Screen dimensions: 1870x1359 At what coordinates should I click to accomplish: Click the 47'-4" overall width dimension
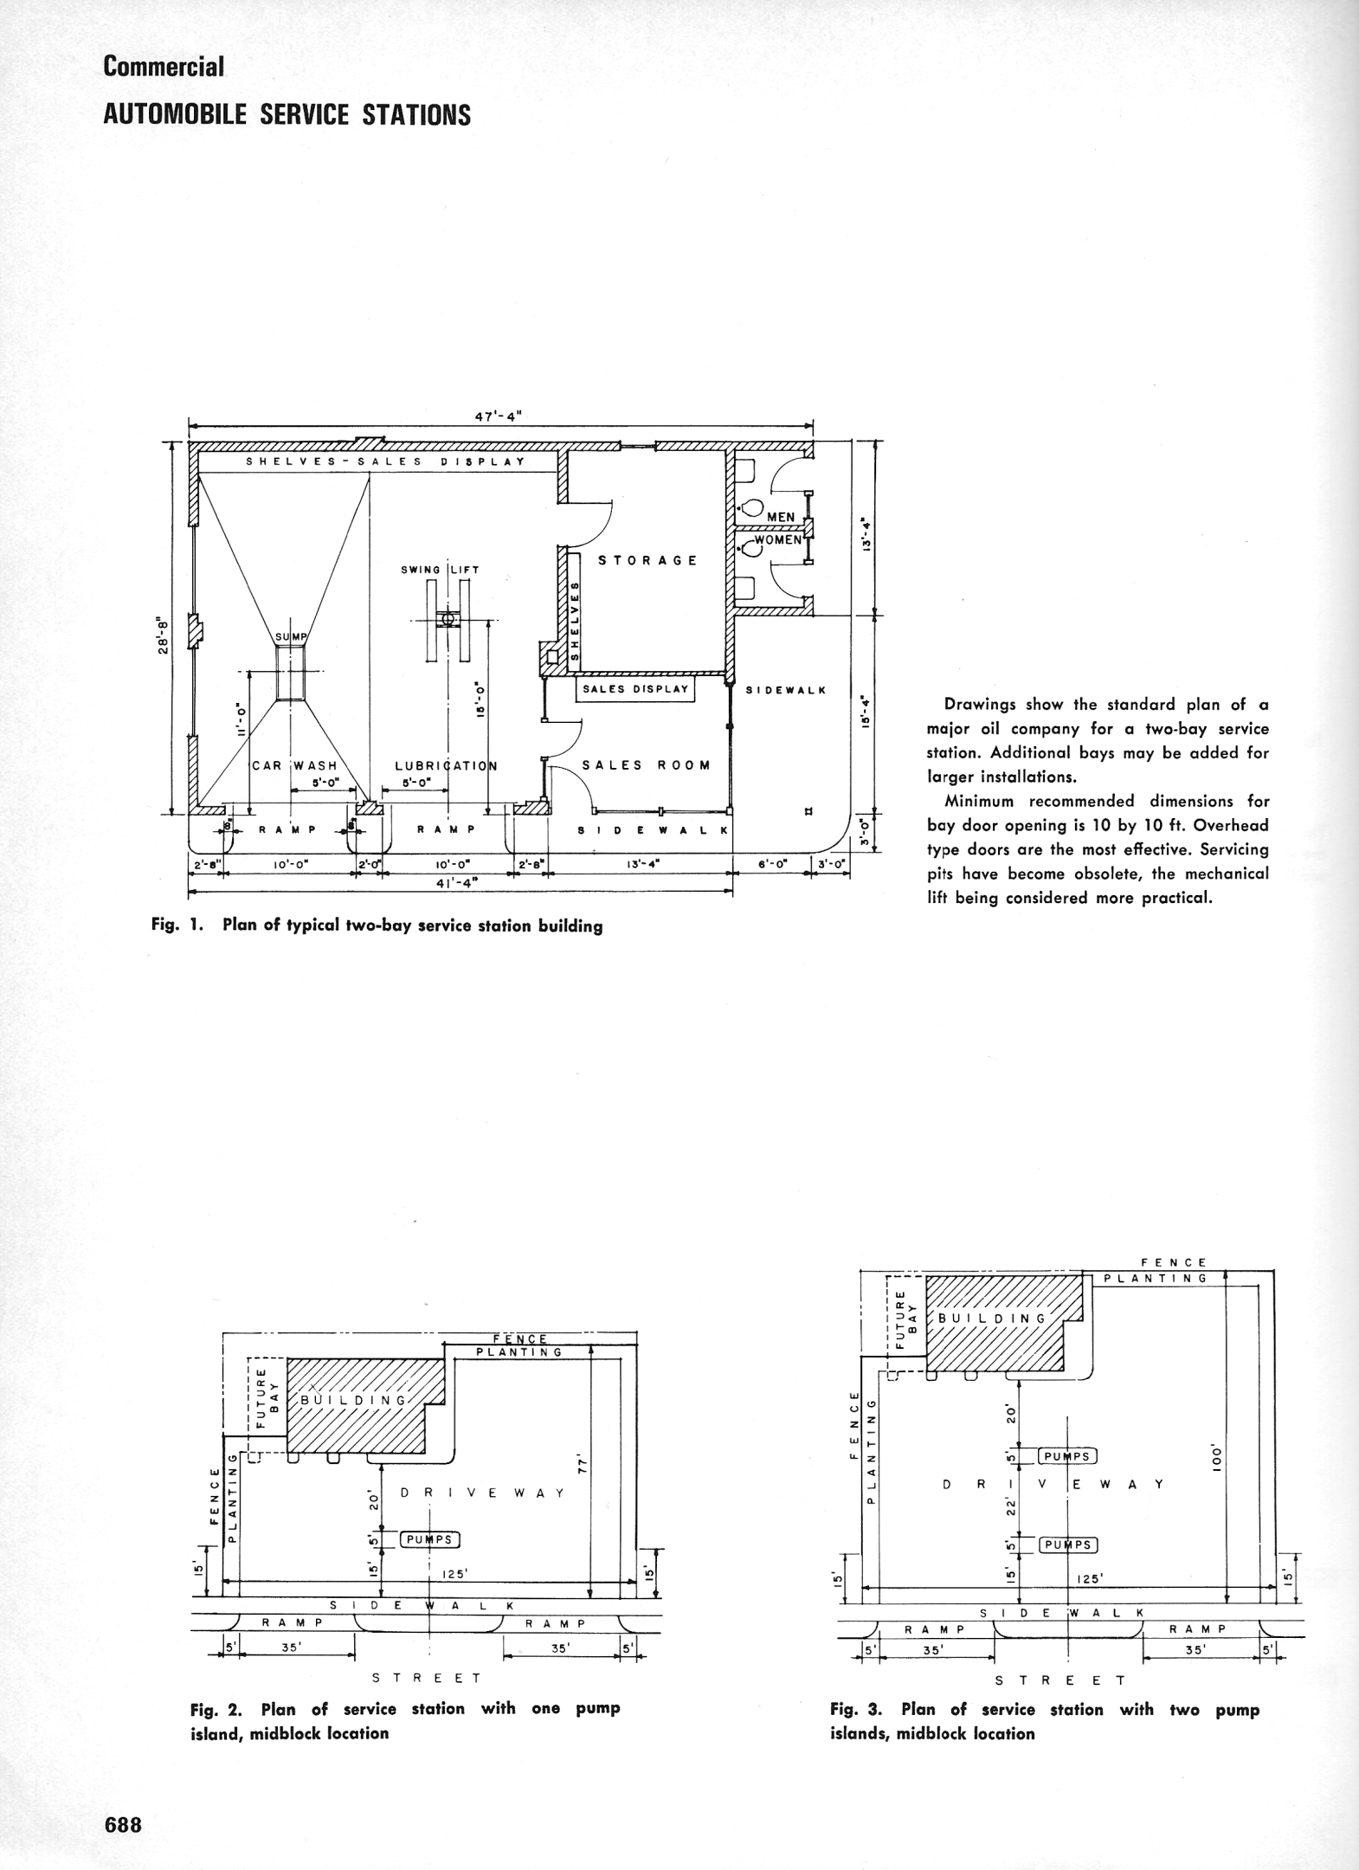tap(500, 415)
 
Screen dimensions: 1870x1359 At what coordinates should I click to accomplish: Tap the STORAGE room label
tap(647, 560)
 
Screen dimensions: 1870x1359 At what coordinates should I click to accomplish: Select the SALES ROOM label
tap(646, 765)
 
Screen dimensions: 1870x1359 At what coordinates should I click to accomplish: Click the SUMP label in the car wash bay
tap(291, 638)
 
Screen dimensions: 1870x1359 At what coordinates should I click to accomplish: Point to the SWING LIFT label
tap(440, 570)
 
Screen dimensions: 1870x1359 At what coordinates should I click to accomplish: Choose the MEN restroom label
tap(781, 517)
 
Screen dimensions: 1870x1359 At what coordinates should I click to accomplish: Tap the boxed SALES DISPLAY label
tap(635, 689)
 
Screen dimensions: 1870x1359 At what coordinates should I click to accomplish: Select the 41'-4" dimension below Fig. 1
tap(458, 882)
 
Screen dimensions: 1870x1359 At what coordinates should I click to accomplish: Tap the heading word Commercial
tap(163, 67)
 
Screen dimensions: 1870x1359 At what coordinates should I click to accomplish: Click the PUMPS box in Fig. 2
tap(429, 1538)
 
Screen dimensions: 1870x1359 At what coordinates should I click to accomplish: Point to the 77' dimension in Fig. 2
tap(583, 1465)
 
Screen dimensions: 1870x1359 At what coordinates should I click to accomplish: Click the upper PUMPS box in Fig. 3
tap(1067, 1456)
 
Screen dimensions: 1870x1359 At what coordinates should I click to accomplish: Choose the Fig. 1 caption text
tap(377, 925)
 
